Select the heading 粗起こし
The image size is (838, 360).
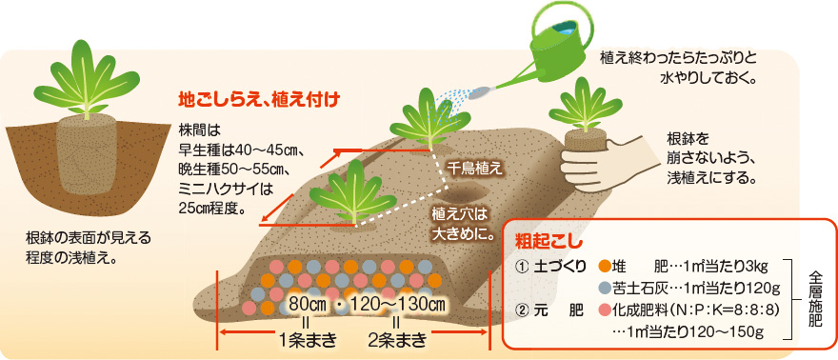[x=541, y=237]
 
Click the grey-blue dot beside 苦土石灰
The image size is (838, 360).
[x=605, y=288]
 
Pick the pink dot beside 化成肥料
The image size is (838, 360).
[x=605, y=310]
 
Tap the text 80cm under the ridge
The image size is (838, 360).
[x=307, y=304]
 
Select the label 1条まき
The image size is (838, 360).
[x=307, y=339]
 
